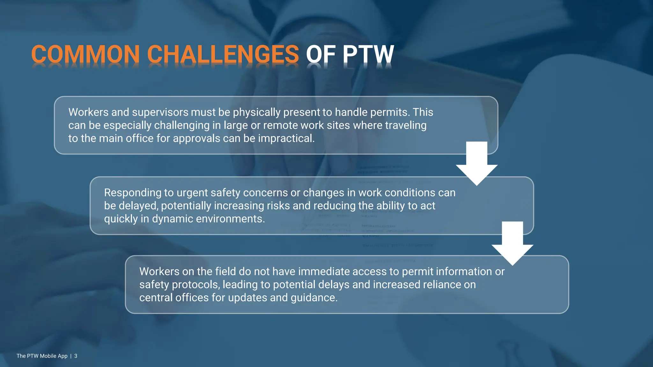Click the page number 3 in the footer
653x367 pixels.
click(76, 356)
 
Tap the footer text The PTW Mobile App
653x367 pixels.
click(42, 356)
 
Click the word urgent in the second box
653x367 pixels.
click(192, 192)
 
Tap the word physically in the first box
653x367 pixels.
click(256, 112)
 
